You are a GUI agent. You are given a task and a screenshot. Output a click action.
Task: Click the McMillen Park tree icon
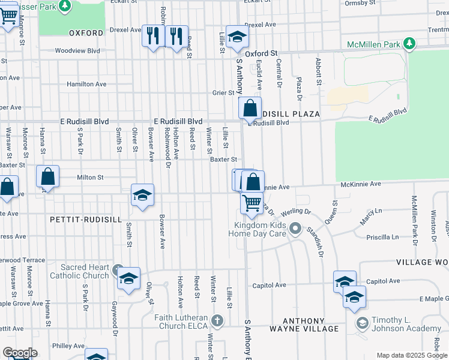tap(409, 43)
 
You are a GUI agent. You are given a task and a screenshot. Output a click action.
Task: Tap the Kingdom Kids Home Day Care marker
tap(295, 229)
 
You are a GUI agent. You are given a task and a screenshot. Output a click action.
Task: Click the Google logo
tap(20, 353)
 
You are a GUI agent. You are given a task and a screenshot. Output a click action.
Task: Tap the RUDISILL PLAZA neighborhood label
tap(289, 113)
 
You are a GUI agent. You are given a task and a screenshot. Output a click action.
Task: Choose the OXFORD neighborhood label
tap(86, 33)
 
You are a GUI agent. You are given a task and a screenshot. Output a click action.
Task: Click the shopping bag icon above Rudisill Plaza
tap(250, 109)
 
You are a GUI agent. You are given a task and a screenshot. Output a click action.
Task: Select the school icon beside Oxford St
tap(237, 37)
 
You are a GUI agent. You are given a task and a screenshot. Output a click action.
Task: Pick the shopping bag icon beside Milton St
tap(48, 177)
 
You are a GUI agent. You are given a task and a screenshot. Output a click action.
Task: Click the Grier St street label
tap(223, 93)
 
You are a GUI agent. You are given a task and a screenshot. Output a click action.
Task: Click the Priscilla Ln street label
tap(382, 237)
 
